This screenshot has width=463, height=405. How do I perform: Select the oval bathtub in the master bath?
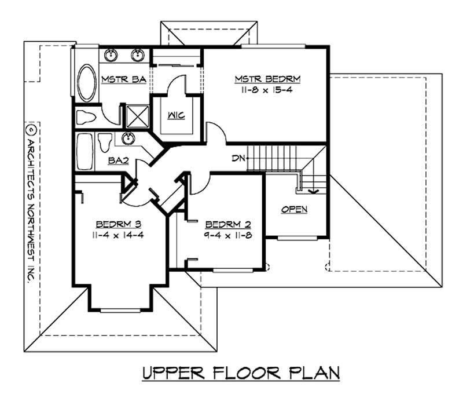[87, 83]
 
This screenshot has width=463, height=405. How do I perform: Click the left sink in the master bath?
[111, 56]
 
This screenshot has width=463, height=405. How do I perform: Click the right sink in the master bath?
[137, 56]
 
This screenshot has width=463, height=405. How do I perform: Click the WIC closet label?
[177, 115]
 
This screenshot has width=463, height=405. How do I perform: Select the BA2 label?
[118, 162]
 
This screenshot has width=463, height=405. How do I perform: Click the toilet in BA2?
[105, 142]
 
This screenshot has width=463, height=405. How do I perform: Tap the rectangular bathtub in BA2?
[84, 152]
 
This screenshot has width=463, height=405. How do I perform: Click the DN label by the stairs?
[237, 157]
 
